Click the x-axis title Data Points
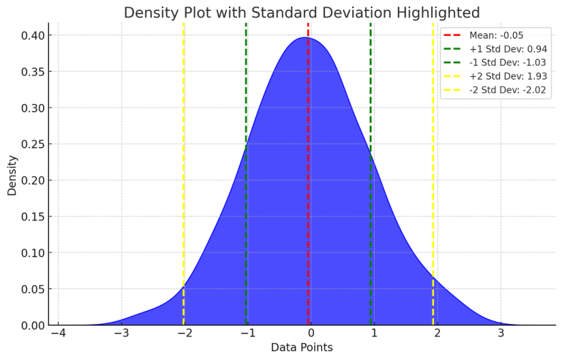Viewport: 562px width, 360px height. (301, 347)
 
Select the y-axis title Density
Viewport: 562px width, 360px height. (12, 174)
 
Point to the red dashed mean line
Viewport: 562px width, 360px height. (308, 183)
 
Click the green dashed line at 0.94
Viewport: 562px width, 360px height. (370, 110)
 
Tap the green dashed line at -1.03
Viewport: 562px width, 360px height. (246, 110)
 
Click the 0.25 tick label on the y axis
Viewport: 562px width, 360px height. (34, 144)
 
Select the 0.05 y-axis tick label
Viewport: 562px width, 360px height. (34, 289)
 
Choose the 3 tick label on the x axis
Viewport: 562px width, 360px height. (501, 334)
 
